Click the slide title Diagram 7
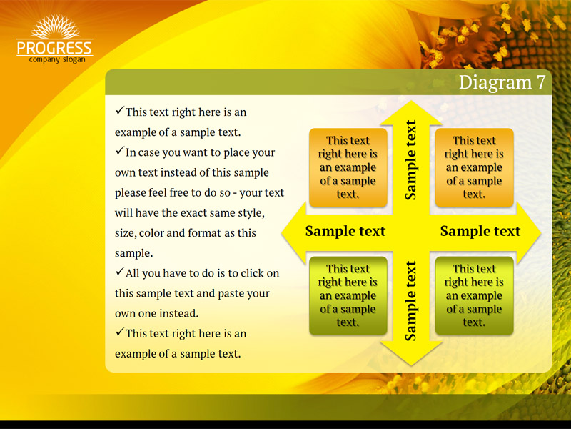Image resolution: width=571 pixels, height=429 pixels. (x=502, y=82)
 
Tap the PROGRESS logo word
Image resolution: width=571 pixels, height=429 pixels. (x=55, y=48)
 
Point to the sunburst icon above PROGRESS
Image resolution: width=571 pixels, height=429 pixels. (x=55, y=26)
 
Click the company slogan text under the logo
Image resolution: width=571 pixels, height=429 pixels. (x=57, y=59)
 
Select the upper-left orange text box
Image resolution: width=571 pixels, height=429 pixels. (x=348, y=167)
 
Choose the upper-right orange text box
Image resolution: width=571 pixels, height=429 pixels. (x=474, y=167)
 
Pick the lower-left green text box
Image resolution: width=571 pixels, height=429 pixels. (x=348, y=295)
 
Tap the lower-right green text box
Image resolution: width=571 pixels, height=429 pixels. (x=474, y=295)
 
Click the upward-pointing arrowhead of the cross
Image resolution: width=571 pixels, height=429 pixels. (x=411, y=112)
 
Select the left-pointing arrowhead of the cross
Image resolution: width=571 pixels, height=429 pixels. (x=294, y=232)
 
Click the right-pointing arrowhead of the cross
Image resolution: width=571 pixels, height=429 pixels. (x=529, y=232)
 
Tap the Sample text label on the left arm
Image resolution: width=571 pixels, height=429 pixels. (x=345, y=231)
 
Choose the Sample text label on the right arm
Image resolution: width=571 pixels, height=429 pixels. (x=480, y=231)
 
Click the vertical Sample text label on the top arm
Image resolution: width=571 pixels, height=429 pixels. (x=410, y=160)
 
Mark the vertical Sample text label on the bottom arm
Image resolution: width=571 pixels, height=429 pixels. (x=410, y=301)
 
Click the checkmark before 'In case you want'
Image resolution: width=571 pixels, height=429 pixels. (x=120, y=151)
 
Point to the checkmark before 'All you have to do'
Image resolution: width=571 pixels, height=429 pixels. (x=120, y=272)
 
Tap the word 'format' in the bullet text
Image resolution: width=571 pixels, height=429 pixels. (x=206, y=233)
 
